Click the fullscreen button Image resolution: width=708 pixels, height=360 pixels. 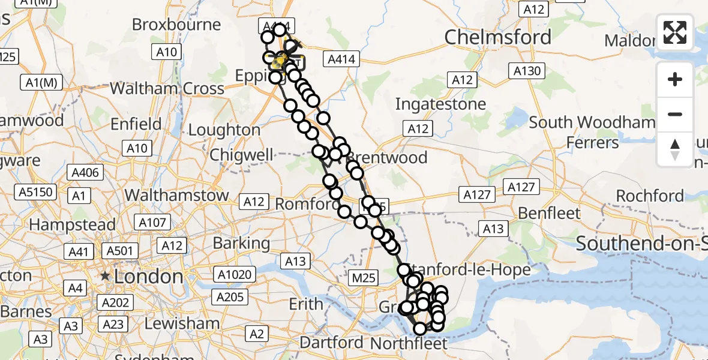(x=675, y=32)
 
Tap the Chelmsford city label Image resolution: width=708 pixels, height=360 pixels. (x=498, y=37)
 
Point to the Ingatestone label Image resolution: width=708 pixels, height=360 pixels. (x=440, y=104)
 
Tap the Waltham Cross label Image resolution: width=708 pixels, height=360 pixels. (x=167, y=89)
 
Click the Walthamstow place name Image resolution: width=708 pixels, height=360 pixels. (x=176, y=195)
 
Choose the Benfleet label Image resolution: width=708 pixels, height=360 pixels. (x=541, y=213)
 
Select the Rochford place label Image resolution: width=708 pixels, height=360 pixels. (x=650, y=196)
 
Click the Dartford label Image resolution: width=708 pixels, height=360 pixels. (x=332, y=343)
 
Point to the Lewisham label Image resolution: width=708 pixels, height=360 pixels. (x=182, y=323)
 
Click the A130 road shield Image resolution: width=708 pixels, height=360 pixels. (x=527, y=71)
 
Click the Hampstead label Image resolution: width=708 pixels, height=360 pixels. (x=73, y=225)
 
